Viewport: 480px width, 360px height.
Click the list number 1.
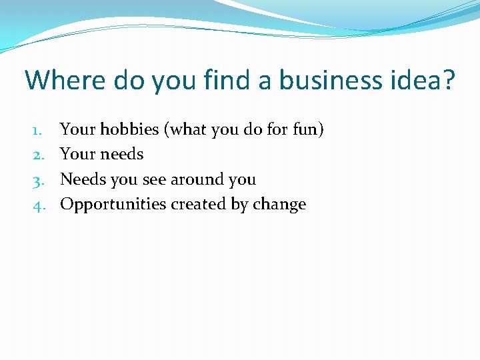point(39,129)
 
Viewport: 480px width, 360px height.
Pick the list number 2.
point(39,155)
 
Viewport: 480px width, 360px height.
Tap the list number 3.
point(39,180)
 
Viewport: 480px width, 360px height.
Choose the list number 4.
point(39,205)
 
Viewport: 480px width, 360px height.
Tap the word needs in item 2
point(122,155)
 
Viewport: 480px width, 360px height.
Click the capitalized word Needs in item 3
point(79,179)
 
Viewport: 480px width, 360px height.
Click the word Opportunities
point(113,205)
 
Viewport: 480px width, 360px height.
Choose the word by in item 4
point(239,205)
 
